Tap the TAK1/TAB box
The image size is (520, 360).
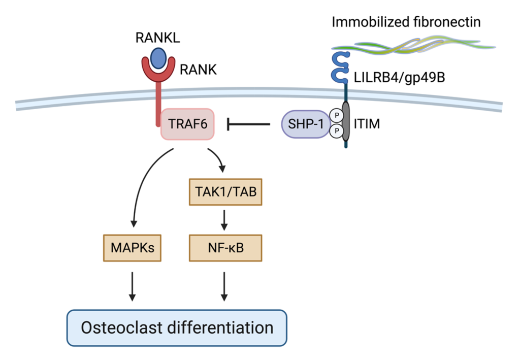pos(225,192)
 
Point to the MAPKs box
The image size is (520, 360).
pos(132,247)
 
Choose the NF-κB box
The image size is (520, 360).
pos(225,247)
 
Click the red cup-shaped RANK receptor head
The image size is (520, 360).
pos(158,74)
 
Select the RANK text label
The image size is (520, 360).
pos(198,70)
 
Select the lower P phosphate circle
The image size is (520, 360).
pos(335,132)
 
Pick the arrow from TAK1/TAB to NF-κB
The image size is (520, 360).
pos(225,219)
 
